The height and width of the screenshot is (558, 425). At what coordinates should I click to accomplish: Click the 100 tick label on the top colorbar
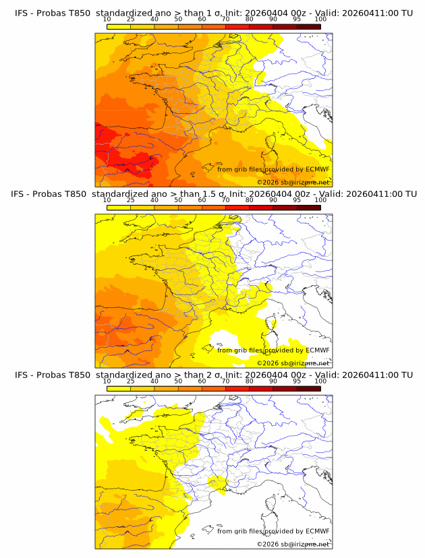[320, 20]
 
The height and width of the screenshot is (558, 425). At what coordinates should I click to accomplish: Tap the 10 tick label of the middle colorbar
[107, 200]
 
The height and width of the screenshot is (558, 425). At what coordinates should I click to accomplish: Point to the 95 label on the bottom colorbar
[297, 381]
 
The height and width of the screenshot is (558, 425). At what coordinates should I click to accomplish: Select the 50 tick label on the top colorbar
[178, 20]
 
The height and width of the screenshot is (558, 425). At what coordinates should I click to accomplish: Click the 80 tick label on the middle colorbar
[250, 200]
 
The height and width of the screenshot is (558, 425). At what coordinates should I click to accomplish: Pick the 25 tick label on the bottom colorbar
[131, 381]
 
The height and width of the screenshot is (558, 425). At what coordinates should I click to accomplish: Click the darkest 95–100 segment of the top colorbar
[308, 26]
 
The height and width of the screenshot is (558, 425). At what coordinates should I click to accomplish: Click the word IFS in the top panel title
[22, 13]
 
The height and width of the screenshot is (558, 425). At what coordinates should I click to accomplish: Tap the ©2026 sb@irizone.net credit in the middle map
[293, 363]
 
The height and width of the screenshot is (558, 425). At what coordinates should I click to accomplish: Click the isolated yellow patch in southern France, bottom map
[217, 483]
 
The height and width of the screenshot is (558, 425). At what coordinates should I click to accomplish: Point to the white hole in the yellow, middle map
[229, 339]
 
